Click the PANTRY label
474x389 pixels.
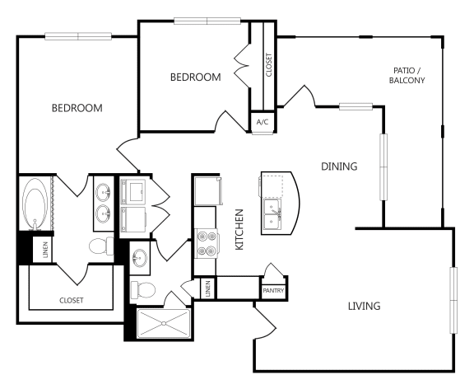click(273, 291)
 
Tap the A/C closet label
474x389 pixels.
click(262, 122)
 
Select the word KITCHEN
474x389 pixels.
click(239, 229)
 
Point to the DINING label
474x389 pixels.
click(339, 166)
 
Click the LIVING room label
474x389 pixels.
click(365, 306)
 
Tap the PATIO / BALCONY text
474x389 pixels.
click(407, 75)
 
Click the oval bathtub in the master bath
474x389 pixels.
click(35, 204)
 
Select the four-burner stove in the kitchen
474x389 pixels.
click(207, 243)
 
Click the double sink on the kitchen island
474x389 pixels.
click(272, 214)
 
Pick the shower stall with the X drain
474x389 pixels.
click(164, 323)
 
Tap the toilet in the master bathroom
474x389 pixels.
click(101, 246)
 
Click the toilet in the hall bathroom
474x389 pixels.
click(142, 290)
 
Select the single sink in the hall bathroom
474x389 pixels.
click(140, 258)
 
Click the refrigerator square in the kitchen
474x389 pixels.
click(208, 191)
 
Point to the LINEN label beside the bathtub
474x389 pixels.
click(45, 250)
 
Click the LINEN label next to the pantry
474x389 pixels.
click(207, 288)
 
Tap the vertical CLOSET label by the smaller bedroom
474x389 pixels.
click(269, 65)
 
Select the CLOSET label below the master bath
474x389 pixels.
click(72, 300)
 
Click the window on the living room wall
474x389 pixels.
click(453, 300)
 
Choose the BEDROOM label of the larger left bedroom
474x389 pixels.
click(77, 108)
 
